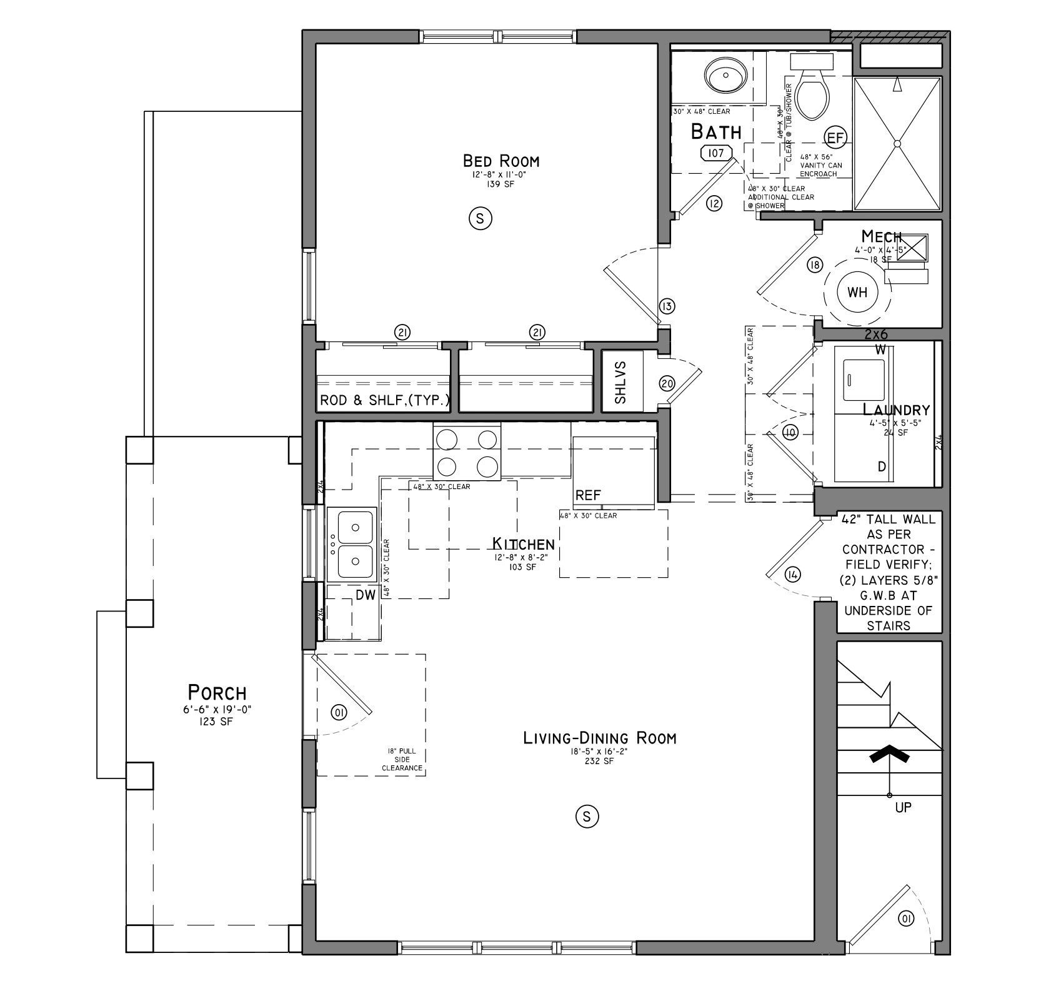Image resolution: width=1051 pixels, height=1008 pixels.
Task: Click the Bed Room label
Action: click(x=501, y=161)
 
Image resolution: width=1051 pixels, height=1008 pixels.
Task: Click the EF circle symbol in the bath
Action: click(x=835, y=137)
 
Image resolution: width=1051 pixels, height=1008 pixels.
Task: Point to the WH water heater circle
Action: click(x=858, y=292)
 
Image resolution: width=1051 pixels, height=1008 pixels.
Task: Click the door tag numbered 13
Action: click(x=667, y=306)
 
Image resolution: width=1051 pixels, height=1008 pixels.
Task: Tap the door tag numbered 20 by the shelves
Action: click(x=667, y=383)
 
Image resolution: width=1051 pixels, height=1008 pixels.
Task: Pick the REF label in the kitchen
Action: click(x=588, y=495)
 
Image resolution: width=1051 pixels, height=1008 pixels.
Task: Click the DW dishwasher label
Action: click(x=366, y=595)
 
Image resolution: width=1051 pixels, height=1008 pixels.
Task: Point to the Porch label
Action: click(x=217, y=693)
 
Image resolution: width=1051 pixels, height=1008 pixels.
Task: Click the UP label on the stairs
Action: click(x=903, y=807)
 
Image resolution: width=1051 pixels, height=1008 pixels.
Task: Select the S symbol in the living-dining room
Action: click(x=586, y=816)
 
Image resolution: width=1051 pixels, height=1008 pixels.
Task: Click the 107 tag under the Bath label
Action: click(x=716, y=153)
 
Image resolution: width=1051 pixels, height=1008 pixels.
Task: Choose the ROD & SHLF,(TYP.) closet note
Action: click(x=384, y=400)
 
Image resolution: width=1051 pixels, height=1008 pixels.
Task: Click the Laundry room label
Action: click(x=896, y=410)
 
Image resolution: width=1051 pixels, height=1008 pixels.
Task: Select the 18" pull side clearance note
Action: click(x=402, y=759)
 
